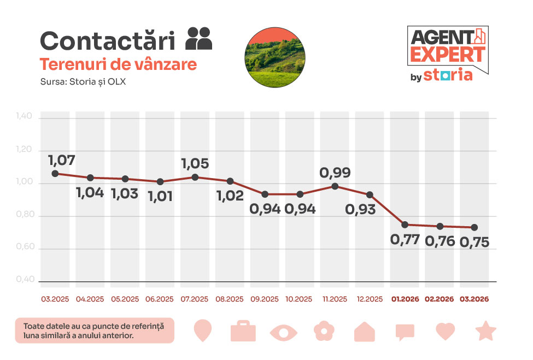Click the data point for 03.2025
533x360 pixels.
[55, 174]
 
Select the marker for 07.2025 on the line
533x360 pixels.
[195, 177]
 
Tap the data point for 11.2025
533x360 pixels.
[335, 186]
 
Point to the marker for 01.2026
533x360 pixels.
[405, 225]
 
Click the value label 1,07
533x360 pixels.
[61, 161]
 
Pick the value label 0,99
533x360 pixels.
[335, 173]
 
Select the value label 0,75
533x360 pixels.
[474, 242]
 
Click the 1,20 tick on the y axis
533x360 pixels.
[25, 150]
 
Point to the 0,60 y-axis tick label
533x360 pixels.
[25, 248]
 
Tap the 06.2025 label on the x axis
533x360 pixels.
[160, 299]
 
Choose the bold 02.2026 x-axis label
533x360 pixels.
[440, 299]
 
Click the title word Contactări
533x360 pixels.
[108, 41]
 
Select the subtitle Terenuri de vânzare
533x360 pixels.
[118, 64]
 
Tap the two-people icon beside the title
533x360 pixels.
[199, 38]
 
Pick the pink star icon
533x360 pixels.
[485, 331]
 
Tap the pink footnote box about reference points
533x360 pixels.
[95, 331]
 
